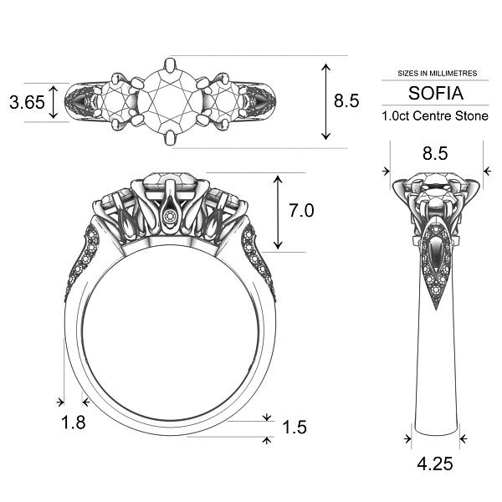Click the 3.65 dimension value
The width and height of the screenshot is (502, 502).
pos(25,103)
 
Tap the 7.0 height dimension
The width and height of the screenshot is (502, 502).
pos(301,212)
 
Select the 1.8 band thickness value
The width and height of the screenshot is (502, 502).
pos(74,423)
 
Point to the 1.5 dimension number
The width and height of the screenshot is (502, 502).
pos(295,428)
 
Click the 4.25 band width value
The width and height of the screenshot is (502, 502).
pos(435,463)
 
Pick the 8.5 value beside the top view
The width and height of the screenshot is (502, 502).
pos(346,101)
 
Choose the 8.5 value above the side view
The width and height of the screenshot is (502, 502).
pos(435,153)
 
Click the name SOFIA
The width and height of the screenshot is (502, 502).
pos(434,93)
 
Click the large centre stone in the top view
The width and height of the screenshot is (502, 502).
pos(170,100)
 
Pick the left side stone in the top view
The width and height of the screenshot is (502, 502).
pos(114,101)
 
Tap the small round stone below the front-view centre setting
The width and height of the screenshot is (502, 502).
pos(172,217)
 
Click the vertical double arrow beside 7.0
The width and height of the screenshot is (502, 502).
pos(277,213)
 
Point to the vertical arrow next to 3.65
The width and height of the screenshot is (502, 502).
pos(54,102)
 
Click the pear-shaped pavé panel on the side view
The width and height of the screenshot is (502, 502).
pos(436,259)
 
